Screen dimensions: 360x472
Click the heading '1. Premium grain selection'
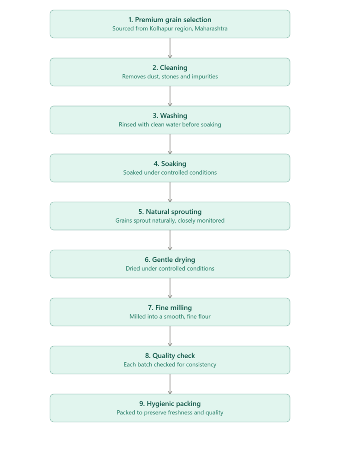(x=170, y=20)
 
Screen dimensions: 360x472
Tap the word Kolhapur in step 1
(x=162, y=29)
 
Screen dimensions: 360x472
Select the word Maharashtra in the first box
(x=211, y=29)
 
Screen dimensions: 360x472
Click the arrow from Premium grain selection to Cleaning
(x=170, y=48)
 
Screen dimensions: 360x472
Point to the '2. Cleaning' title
(x=170, y=68)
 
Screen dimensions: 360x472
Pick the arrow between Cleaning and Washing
(x=170, y=96)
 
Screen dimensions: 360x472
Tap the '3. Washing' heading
(x=170, y=116)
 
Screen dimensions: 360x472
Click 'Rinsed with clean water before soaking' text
(x=170, y=124)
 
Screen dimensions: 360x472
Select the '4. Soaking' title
(x=170, y=164)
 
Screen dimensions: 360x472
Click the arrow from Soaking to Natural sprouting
(x=170, y=192)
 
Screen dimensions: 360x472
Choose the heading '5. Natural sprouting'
(x=170, y=212)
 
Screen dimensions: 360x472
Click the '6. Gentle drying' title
(x=170, y=260)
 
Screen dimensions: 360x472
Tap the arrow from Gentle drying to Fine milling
(x=170, y=288)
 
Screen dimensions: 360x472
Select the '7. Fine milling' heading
(x=170, y=307)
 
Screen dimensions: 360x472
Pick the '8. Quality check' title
(x=170, y=356)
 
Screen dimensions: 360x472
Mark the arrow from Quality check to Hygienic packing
(x=170, y=384)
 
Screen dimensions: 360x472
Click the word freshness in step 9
(x=177, y=413)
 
